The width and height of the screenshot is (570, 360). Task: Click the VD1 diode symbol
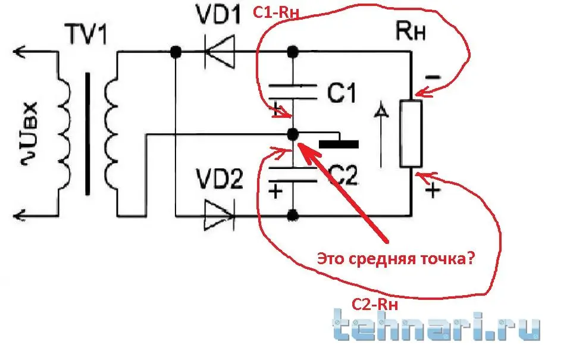[219, 52]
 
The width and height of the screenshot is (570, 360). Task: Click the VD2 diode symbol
[219, 215]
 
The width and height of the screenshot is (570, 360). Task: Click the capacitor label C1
[341, 93]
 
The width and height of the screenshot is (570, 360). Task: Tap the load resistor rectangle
[411, 134]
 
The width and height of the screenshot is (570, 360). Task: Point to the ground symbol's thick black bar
[339, 144]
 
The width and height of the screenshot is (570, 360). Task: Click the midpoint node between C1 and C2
[292, 134]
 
